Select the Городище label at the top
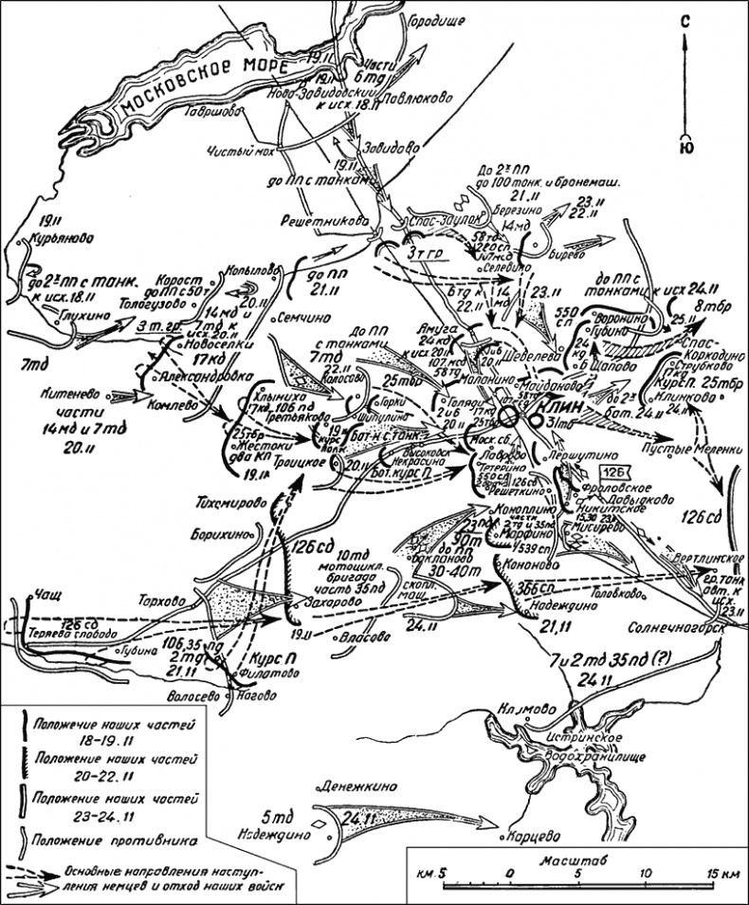[x=433, y=18]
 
